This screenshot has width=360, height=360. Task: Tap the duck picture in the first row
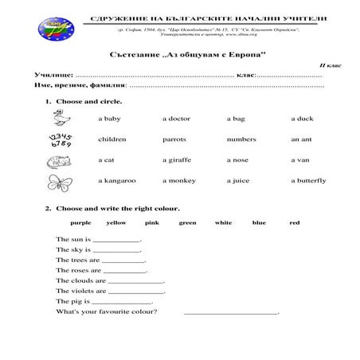(58, 118)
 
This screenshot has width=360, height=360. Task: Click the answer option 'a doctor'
(176, 119)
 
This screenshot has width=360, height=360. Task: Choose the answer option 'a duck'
(302, 119)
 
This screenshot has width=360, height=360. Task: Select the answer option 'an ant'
(300, 139)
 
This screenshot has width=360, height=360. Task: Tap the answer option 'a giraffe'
(177, 160)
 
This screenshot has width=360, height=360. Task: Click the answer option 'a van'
(300, 160)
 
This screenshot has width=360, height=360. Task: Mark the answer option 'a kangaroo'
(117, 181)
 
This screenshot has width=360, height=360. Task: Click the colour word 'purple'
(80, 223)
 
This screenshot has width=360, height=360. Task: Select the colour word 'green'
(187, 223)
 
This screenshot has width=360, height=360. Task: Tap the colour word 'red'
(295, 223)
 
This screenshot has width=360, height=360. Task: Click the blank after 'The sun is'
(117, 240)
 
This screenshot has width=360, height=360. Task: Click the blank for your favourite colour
(231, 313)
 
